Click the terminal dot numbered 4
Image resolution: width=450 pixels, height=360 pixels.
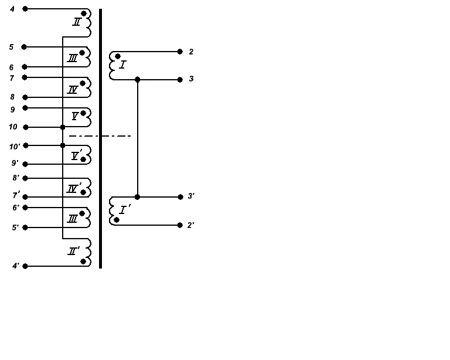point(25,9)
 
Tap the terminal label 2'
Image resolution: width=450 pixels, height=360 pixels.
point(191,225)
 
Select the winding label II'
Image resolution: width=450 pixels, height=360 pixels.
point(73,251)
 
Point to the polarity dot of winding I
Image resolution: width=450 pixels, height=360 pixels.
point(118,56)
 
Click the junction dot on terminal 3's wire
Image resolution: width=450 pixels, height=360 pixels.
point(138,80)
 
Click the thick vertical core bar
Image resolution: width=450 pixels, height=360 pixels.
point(100,138)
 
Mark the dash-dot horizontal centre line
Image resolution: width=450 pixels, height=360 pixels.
point(100,136)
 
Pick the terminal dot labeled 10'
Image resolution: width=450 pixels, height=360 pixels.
point(26,145)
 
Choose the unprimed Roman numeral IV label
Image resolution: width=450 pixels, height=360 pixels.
point(72,90)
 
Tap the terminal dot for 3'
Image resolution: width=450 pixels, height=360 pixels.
point(180,197)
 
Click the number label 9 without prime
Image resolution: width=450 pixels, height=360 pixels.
point(13,110)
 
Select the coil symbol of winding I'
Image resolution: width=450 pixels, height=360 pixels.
point(112,211)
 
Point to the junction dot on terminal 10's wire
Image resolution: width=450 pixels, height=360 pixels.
point(63,127)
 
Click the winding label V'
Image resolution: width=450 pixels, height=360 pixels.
point(76,155)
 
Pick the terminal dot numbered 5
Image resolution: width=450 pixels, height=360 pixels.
point(24,47)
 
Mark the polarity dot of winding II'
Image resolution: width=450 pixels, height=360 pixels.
point(83,261)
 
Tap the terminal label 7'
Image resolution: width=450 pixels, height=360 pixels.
point(16,195)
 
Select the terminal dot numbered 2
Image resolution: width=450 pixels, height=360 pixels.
point(180,52)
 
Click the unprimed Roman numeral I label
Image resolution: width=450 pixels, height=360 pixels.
point(122,65)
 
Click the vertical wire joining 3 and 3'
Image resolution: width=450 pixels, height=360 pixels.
point(138,138)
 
